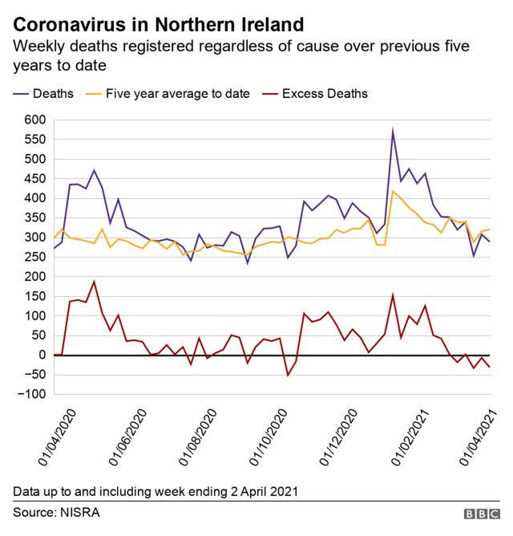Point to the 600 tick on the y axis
click(34, 120)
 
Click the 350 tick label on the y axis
click(34, 218)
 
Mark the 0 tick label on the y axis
click(42, 355)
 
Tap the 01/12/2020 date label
click(334, 437)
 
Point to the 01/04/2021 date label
click(482, 437)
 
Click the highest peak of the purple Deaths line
click(393, 131)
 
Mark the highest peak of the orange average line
click(393, 191)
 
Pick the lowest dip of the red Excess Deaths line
click(288, 375)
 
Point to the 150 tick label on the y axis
click(34, 296)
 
